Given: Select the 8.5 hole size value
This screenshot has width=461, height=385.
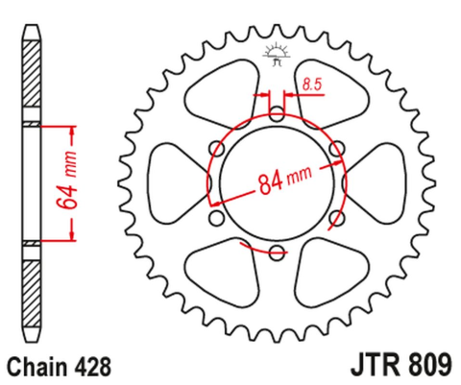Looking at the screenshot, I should tap(310, 86).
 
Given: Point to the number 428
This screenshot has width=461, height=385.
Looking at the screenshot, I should tap(94, 366).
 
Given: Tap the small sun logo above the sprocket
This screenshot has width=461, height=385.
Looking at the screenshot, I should tap(277, 54).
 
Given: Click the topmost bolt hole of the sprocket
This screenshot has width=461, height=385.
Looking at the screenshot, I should tap(277, 114).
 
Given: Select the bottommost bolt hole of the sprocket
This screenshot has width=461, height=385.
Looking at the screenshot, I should tap(277, 253).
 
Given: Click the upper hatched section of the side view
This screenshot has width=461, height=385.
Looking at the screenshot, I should tap(32, 82).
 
